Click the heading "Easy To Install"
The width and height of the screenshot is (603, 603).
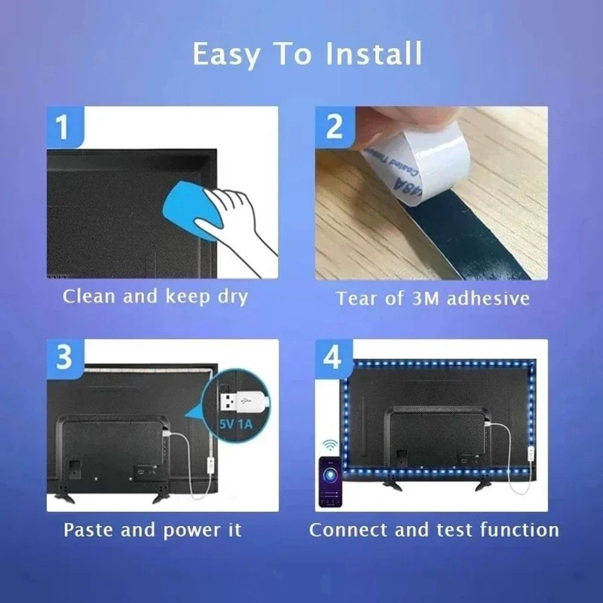click(307, 55)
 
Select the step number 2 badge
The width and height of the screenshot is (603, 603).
click(333, 127)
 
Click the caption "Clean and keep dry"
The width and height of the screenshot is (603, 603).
click(156, 297)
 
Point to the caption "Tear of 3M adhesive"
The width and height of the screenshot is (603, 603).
click(432, 298)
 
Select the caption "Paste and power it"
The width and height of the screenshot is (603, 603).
click(153, 530)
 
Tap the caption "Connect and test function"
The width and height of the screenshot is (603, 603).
click(434, 530)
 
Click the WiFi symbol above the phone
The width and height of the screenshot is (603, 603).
click(330, 445)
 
